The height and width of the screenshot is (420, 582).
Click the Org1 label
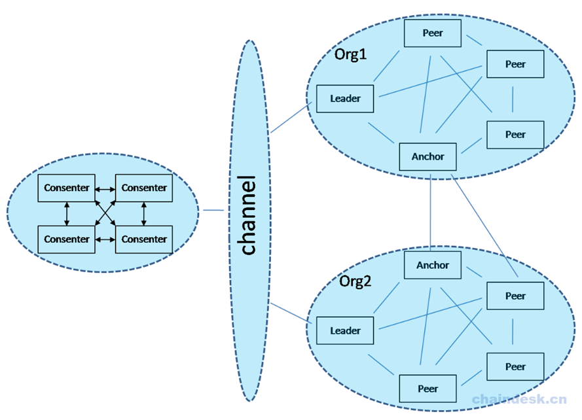(351, 54)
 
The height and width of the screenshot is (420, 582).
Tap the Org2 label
(355, 281)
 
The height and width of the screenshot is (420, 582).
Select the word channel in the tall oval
(249, 215)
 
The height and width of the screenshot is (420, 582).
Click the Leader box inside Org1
(345, 99)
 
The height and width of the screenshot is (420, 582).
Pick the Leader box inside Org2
(345, 330)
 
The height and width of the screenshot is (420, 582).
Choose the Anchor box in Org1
(427, 156)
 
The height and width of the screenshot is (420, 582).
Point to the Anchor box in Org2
(433, 265)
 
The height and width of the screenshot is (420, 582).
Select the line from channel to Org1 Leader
(291, 118)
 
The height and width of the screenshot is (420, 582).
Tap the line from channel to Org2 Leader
(291, 311)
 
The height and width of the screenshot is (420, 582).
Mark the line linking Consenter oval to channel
(213, 210)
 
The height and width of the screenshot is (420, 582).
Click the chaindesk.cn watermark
(520, 399)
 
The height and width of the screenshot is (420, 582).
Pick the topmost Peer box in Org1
(433, 33)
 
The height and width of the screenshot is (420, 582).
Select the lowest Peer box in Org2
(427, 389)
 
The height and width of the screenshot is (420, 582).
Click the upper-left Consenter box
(67, 188)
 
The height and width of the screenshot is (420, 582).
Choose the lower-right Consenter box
(144, 239)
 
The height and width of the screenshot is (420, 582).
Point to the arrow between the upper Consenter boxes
(105, 188)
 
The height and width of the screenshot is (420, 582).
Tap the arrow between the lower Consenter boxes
(105, 239)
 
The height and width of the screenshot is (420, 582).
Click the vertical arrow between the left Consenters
(67, 213)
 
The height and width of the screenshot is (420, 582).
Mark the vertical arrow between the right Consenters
(144, 213)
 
